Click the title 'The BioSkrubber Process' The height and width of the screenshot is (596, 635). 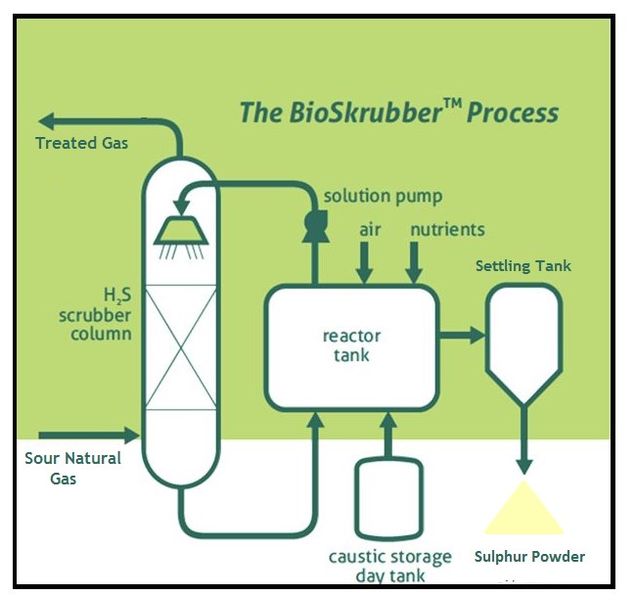(x=399, y=112)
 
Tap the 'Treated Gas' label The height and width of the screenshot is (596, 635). (x=81, y=143)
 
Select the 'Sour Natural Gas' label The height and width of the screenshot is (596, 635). (x=73, y=468)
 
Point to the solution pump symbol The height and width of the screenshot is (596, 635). (x=316, y=224)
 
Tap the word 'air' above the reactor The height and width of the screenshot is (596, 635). (x=369, y=230)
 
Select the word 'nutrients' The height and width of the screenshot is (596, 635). (x=447, y=230)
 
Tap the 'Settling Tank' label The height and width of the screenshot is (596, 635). (x=523, y=266)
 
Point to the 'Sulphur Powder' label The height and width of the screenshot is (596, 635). (x=529, y=557)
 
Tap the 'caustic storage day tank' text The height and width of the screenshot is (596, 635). (x=390, y=567)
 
